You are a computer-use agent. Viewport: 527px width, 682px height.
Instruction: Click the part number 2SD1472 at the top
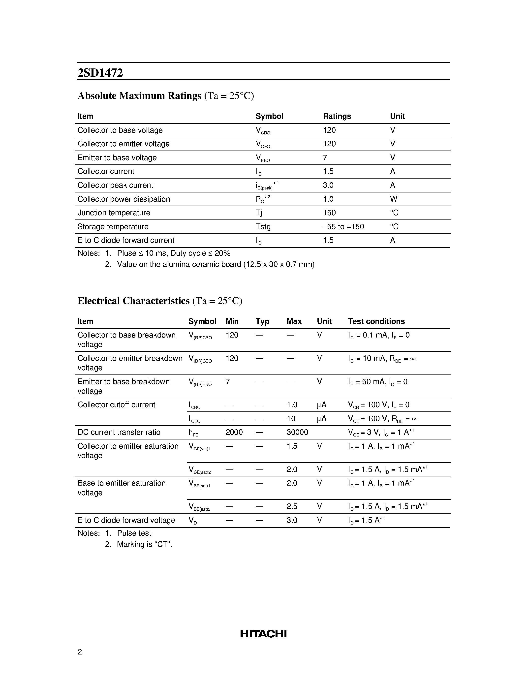[x=100, y=73]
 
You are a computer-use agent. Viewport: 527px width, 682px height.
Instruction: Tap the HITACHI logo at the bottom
[x=263, y=634]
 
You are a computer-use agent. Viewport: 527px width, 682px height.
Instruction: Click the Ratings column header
[x=337, y=116]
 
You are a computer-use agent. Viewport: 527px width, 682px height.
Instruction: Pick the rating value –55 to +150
[x=343, y=226]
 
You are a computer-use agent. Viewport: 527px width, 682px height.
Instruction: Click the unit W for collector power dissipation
[x=393, y=199]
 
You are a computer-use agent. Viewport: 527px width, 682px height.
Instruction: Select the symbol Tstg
[x=263, y=226]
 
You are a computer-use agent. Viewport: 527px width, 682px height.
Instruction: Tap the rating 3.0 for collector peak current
[x=328, y=185]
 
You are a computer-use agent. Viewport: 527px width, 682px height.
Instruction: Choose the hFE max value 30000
[x=297, y=432]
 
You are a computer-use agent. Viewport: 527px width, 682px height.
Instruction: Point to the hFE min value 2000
[x=234, y=432]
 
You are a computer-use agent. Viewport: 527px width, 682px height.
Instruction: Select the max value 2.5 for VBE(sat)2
[x=292, y=506]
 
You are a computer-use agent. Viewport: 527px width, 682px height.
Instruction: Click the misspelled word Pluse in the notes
[x=126, y=253]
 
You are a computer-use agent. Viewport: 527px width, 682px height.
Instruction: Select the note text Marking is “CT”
[x=144, y=544]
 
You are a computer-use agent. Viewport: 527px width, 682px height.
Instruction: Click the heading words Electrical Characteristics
[x=133, y=301]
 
